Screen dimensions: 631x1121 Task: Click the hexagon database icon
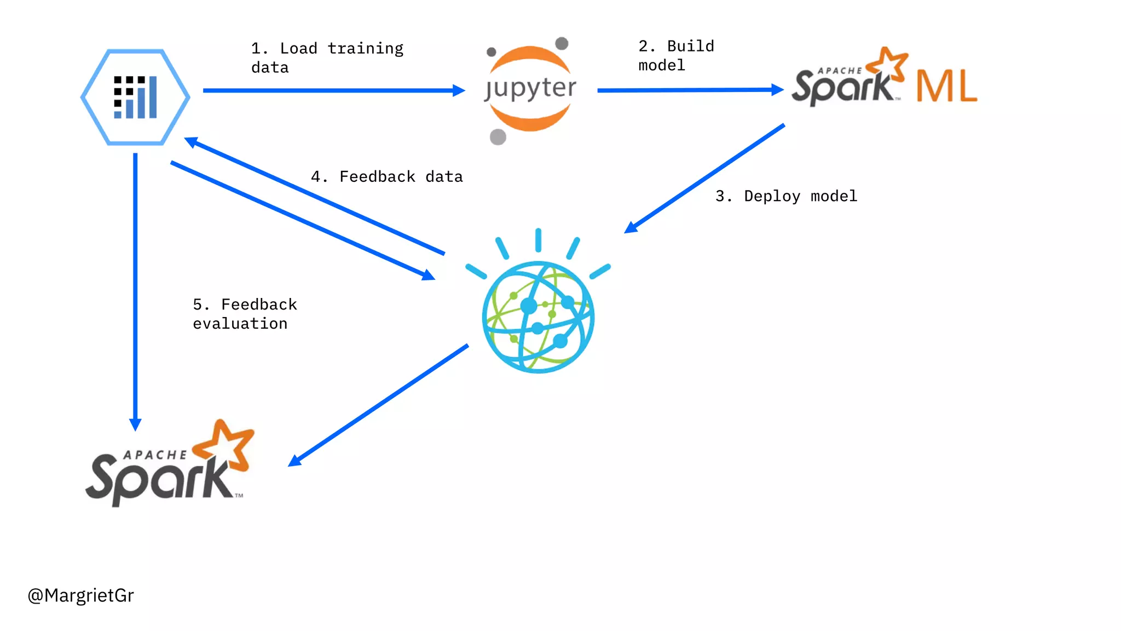click(x=135, y=97)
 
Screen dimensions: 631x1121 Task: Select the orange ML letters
click(x=946, y=87)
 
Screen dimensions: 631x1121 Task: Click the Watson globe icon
click(x=538, y=317)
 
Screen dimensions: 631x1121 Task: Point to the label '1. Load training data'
click(x=327, y=58)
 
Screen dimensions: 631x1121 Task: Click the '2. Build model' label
click(x=676, y=55)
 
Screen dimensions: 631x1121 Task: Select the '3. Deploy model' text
click(x=786, y=196)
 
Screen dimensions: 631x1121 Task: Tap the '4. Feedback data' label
click(x=386, y=176)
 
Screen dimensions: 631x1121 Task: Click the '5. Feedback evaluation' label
click(x=245, y=314)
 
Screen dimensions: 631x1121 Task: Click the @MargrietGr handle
click(x=81, y=595)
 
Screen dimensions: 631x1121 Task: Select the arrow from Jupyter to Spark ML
click(x=690, y=90)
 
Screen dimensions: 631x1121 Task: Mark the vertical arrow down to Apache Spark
click(x=135, y=290)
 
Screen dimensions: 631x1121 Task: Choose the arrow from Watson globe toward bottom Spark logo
click(x=378, y=405)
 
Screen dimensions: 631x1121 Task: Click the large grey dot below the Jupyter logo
click(x=498, y=136)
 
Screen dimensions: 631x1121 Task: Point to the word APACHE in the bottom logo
click(x=155, y=455)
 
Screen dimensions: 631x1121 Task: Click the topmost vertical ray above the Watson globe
click(x=538, y=240)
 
